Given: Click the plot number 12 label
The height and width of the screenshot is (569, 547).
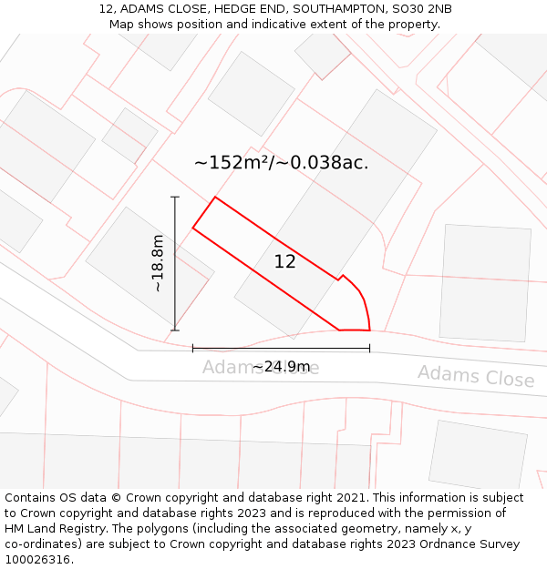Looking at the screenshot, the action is coord(284,262).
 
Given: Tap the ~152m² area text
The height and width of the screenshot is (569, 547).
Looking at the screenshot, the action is coord(232,163).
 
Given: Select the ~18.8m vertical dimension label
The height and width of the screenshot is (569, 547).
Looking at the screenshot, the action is coord(158,263).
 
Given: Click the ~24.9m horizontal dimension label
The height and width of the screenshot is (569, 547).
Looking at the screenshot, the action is coord(282,367).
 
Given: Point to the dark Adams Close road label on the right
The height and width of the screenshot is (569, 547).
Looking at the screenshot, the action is coord(476,376).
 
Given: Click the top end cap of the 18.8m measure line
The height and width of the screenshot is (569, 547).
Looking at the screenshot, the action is coord(175,197).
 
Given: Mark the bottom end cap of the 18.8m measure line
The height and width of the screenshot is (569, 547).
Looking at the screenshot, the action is coord(175,330).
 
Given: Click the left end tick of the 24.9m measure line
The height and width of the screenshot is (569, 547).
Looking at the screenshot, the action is coord(192,348).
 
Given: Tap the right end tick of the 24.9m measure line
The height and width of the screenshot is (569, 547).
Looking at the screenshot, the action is coord(369,348).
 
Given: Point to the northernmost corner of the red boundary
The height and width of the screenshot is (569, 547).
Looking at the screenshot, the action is coord(215,197).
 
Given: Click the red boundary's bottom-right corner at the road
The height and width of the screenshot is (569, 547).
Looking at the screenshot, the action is coord(369,330).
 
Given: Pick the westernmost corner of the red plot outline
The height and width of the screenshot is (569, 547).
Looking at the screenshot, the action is coord(192,228).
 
